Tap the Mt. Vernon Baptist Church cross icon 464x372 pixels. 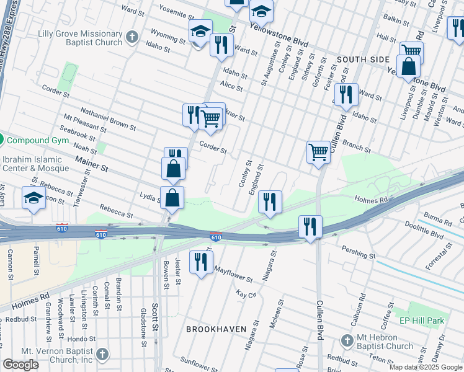(102, 355)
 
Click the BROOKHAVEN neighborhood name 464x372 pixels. (216, 329)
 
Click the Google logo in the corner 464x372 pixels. (21, 365)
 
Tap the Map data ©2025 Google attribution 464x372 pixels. (426, 367)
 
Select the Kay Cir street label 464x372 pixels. (247, 294)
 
